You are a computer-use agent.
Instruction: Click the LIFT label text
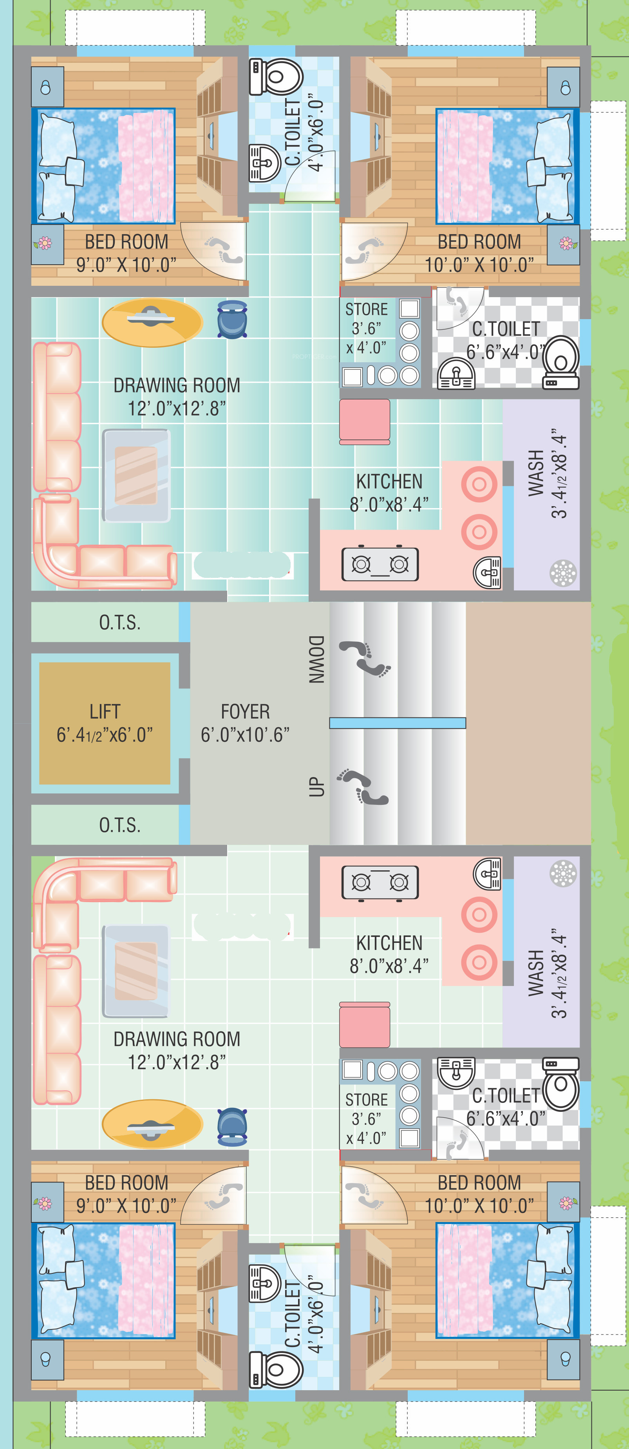[x=105, y=712]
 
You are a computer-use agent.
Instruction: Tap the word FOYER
[x=245, y=712]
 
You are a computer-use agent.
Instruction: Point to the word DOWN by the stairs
[x=316, y=659]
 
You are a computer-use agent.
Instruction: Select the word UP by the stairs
[x=316, y=786]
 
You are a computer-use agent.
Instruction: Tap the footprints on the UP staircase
[x=363, y=786]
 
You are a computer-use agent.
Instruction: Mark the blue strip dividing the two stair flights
[x=398, y=723]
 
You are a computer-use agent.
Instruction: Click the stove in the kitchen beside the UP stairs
[x=380, y=882]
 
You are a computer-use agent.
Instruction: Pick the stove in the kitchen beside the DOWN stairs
[x=380, y=564]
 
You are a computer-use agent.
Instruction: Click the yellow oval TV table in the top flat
[x=152, y=322]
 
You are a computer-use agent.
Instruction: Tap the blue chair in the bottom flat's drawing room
[x=232, y=1127]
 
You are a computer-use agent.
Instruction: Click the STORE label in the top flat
[x=367, y=309]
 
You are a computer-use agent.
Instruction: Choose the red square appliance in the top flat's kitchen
[x=365, y=422]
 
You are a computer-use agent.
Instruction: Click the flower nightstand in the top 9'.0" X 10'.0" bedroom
[x=47, y=244]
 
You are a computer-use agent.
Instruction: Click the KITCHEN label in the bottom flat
[x=389, y=943]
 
